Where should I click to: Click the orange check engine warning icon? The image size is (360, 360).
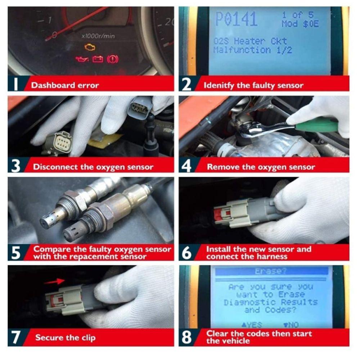coord(90,47)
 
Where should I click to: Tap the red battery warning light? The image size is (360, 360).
coord(98,59)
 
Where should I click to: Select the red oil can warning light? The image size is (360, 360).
coord(82,59)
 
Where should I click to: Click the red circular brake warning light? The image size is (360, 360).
coord(113,59)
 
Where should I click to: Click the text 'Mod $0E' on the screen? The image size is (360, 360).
coord(300,24)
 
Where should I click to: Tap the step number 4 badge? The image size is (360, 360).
coord(186,167)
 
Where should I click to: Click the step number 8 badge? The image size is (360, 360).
coord(186,337)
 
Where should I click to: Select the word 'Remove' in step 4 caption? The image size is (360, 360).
coord(221,167)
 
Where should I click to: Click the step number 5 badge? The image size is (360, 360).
coord(16,252)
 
